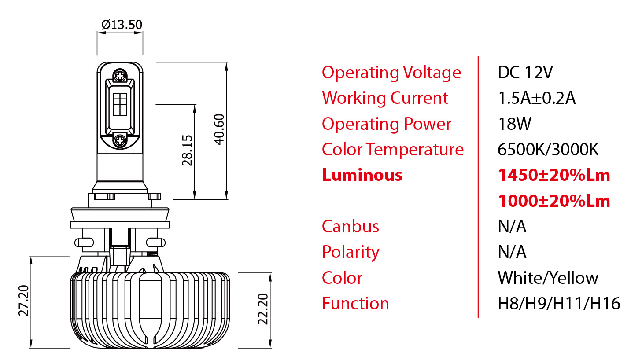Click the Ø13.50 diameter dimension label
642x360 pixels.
pos(122,25)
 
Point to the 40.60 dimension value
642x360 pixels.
pos(219,129)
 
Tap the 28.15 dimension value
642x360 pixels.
pos(188,151)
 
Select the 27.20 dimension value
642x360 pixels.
pos(24,301)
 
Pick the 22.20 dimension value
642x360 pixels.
pos(263,309)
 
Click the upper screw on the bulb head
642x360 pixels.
pos(120,76)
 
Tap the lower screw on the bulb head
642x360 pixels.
pos(120,140)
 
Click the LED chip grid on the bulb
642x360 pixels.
pos(120,104)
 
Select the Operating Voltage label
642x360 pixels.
pos(391,73)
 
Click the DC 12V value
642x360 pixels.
pos(525,73)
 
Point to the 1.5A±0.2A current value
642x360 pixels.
pos(536,98)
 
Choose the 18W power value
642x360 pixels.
pos(514,124)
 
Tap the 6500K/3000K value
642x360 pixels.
pos(548,150)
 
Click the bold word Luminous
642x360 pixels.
pos(362,175)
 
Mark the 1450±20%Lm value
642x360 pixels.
pos(554,175)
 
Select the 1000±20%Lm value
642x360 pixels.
pos(554,201)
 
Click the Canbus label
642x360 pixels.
pos(350,227)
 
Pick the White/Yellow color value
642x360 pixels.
pos(548,278)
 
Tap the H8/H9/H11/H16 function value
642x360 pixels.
pos(559,304)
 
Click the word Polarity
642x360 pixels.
pos(351,252)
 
